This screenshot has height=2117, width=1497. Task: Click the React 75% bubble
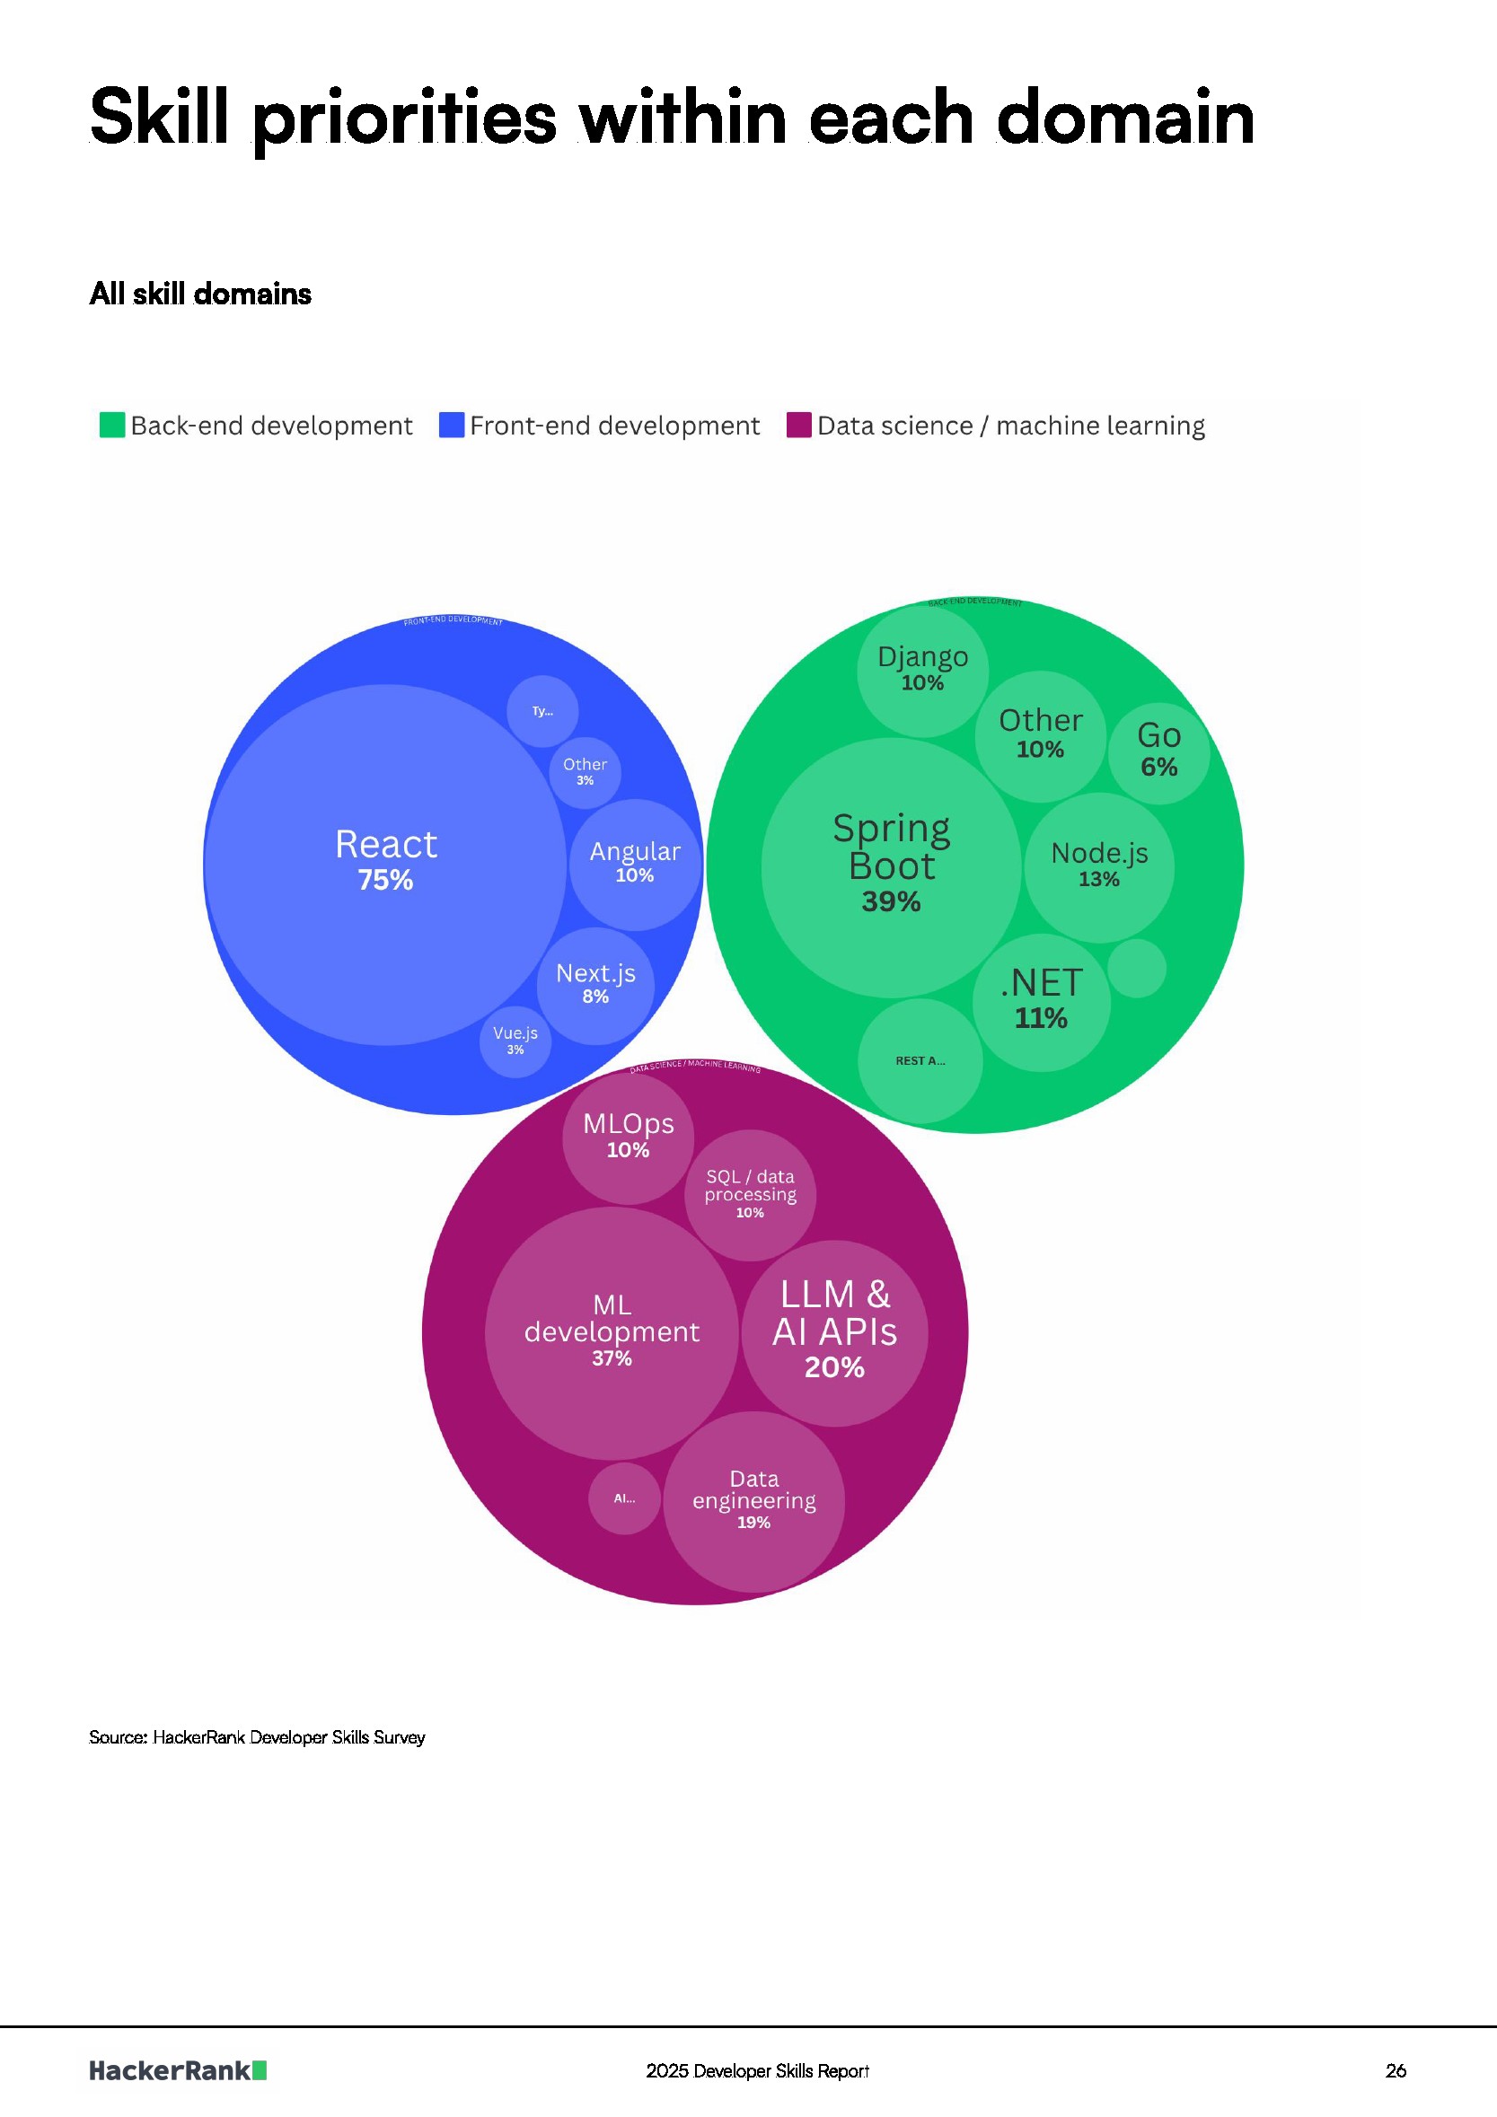[x=384, y=864]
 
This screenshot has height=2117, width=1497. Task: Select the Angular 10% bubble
[x=635, y=864]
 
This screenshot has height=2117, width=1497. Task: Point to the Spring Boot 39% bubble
[x=891, y=866]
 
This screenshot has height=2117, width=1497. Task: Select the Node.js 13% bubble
[x=1099, y=866]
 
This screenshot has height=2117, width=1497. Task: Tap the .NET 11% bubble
[x=1042, y=1002]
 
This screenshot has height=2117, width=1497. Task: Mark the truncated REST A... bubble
[x=920, y=1060]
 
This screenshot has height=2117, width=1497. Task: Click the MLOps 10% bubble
[x=628, y=1137]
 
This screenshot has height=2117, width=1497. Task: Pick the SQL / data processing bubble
[x=750, y=1195]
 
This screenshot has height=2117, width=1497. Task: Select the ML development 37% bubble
[x=612, y=1332]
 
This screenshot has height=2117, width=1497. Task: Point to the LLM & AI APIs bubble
[x=835, y=1332]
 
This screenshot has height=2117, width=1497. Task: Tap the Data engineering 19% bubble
[x=753, y=1501]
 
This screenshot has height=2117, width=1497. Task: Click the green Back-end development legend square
[x=111, y=425]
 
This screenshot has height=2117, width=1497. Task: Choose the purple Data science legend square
[x=798, y=425]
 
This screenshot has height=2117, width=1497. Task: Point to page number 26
[x=1396, y=2071]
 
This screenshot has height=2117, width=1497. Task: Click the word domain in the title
[x=1125, y=118]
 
